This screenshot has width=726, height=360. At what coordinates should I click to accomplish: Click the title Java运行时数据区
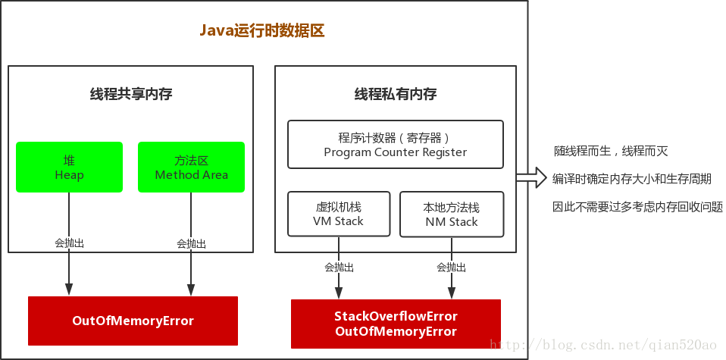(262, 31)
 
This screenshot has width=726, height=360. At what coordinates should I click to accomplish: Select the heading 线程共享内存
(131, 95)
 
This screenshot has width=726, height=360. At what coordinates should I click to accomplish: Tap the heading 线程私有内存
(396, 95)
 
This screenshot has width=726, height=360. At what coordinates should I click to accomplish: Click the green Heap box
(69, 167)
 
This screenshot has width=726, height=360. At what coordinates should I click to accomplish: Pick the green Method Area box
(191, 167)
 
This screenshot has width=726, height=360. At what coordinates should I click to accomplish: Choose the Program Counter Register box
(395, 144)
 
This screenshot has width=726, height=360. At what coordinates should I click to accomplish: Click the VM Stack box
(338, 214)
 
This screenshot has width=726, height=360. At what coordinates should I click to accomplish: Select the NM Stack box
(452, 214)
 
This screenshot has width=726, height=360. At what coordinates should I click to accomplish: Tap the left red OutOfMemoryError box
(133, 321)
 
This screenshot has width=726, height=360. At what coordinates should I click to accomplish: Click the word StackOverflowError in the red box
(396, 316)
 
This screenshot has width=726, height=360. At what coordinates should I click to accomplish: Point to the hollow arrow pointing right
(532, 178)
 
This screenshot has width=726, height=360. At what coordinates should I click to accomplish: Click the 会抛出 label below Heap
(69, 243)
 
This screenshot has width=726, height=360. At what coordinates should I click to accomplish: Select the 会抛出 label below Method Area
(191, 243)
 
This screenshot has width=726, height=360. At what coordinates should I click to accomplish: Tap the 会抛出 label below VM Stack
(339, 267)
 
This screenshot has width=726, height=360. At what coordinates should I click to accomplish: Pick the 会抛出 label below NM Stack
(452, 267)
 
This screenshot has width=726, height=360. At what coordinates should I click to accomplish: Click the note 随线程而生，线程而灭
(612, 152)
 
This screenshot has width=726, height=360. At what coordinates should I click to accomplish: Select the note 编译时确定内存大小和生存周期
(632, 179)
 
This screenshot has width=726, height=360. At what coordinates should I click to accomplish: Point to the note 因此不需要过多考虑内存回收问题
(637, 206)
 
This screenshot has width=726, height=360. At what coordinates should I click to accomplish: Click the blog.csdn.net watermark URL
(602, 346)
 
